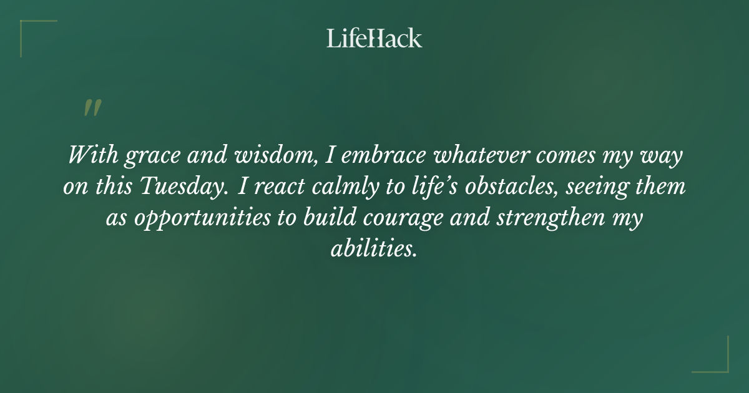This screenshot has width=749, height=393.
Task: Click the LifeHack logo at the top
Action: pos(374,39)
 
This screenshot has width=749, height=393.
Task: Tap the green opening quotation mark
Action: pos(92,109)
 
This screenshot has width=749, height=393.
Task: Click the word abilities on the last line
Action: pos(373,250)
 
